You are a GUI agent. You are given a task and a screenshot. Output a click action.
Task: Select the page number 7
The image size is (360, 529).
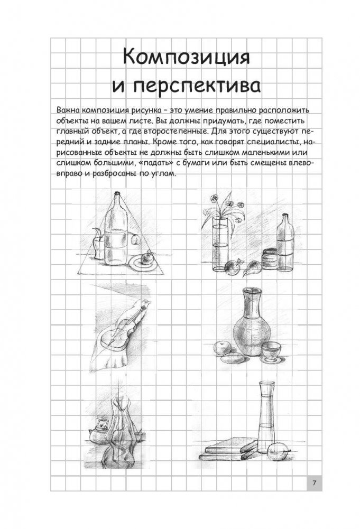(314, 483)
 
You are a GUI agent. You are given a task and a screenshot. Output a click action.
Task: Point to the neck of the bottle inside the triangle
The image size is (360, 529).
(116, 202)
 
